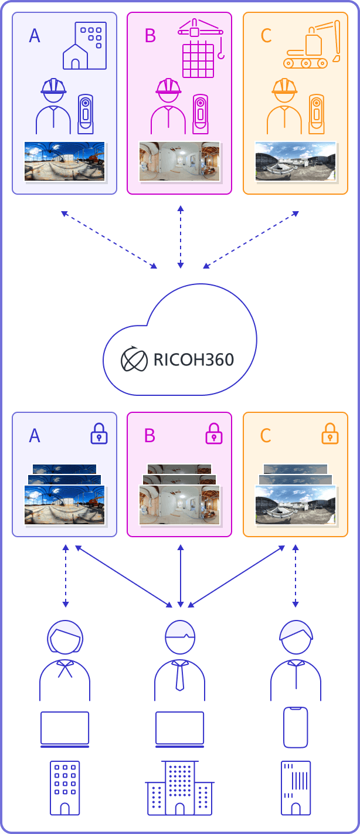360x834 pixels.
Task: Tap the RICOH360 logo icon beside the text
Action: [134, 359]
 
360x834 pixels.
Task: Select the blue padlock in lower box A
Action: [99, 433]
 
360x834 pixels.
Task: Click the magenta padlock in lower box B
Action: [214, 433]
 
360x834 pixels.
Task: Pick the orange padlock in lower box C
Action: [330, 433]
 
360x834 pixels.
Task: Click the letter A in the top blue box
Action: [35, 36]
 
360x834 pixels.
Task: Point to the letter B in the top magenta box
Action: [150, 36]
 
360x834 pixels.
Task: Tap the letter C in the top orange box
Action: [266, 36]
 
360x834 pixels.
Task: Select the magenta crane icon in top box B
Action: [201, 48]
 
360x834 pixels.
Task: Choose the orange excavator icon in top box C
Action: [313, 45]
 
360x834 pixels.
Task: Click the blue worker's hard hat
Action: [53, 87]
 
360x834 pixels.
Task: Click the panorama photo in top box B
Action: [179, 161]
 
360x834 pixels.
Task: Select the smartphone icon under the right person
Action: [296, 727]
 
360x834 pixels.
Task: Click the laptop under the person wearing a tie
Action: [179, 729]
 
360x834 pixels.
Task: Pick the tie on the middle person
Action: [180, 676]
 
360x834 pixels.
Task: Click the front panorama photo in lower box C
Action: [296, 504]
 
